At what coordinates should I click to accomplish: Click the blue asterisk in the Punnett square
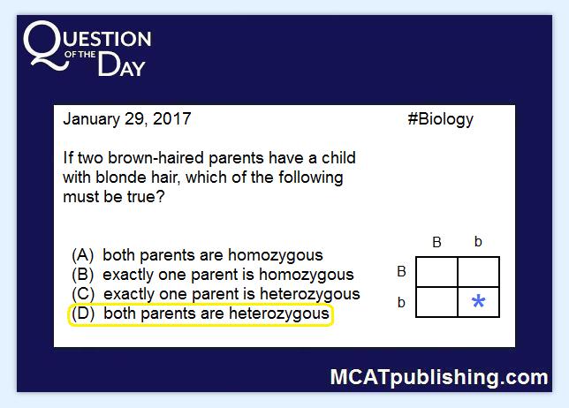478,301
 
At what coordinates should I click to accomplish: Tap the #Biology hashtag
441,119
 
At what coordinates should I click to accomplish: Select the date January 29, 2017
127,119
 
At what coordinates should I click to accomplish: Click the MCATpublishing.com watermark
439,377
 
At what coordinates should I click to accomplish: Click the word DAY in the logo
122,64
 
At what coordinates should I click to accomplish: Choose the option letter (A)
83,255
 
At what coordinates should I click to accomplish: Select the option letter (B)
83,275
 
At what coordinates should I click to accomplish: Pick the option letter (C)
83,294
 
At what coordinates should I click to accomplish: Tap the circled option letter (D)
83,314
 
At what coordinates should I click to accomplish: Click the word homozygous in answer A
276,256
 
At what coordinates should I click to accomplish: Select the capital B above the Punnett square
436,242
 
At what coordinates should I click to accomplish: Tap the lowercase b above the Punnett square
478,241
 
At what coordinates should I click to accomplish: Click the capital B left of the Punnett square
401,271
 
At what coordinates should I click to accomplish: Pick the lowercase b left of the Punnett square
401,302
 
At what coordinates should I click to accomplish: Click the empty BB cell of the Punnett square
436,272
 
